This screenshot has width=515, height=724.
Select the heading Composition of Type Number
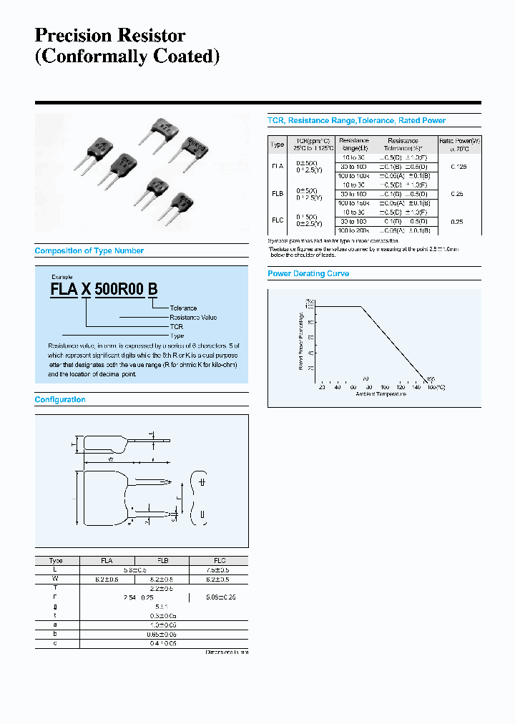(x=89, y=251)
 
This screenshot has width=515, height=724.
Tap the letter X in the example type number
(x=86, y=289)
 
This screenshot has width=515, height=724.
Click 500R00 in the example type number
(x=119, y=289)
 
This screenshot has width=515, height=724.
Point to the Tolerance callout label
(x=183, y=308)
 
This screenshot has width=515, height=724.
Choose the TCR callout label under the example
(x=176, y=326)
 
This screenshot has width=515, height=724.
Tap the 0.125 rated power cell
(x=460, y=166)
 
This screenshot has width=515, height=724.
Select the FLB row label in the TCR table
(x=277, y=194)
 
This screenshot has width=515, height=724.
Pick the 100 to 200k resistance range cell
(x=354, y=230)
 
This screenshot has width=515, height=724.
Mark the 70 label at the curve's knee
(x=364, y=378)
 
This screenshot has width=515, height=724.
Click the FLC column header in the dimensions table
(x=219, y=561)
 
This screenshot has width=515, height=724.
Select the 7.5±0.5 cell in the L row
(x=219, y=570)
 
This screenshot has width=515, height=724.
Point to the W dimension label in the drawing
(x=111, y=459)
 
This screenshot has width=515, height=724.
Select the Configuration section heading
(x=60, y=400)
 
